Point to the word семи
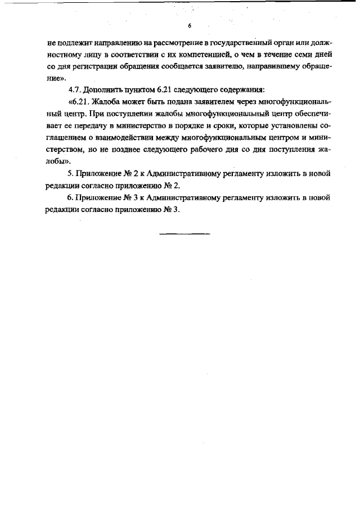click(295, 55)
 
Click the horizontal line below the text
click(184, 233)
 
